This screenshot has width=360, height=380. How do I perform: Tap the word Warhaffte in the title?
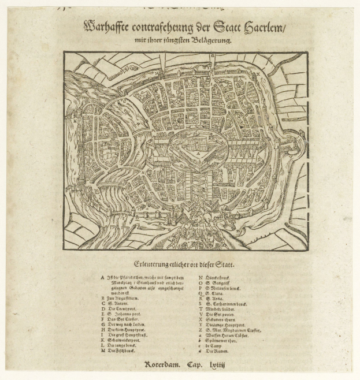pos(110,27)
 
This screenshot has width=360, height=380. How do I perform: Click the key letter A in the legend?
pos(102,278)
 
